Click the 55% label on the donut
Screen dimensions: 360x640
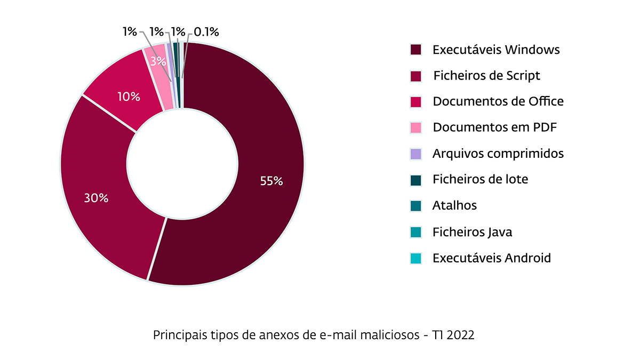(x=271, y=181)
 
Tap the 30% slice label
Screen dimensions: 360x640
(x=96, y=198)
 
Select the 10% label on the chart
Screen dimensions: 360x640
(x=129, y=97)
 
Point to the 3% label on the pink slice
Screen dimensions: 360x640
(x=157, y=61)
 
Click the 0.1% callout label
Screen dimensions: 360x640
(x=206, y=32)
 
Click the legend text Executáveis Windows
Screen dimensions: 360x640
(x=496, y=50)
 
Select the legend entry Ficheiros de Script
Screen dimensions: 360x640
(x=486, y=76)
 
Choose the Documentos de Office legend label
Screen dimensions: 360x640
(x=498, y=101)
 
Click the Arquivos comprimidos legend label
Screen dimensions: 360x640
(x=498, y=154)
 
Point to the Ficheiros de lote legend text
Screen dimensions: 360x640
(x=481, y=179)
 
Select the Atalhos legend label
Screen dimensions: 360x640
(x=454, y=205)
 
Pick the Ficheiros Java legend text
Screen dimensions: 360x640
(x=473, y=232)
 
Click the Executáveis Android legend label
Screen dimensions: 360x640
(x=492, y=258)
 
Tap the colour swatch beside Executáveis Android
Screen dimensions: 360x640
(x=416, y=258)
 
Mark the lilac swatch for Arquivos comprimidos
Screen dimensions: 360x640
(x=416, y=154)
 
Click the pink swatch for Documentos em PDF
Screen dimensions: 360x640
(x=416, y=127)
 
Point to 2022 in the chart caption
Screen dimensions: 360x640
(x=461, y=335)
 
